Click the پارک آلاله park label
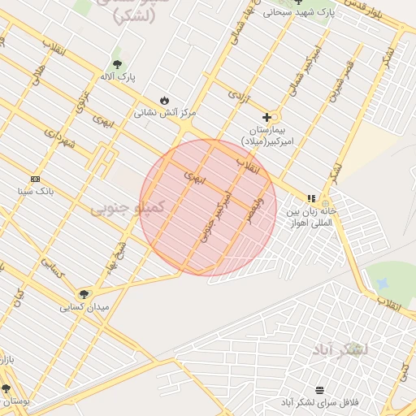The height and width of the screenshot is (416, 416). [x=118, y=76]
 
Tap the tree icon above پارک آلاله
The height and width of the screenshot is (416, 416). [x=118, y=63]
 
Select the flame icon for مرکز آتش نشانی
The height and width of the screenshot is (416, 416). [x=166, y=100]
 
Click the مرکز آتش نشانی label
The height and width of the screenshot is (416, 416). [x=166, y=113]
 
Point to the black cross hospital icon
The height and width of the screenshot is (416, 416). [x=266, y=117]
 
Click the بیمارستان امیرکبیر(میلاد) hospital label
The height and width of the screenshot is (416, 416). [x=277, y=136]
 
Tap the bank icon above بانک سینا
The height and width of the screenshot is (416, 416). [x=35, y=179]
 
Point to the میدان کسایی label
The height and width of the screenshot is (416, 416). [x=84, y=308]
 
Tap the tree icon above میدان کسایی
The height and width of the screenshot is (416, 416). [x=84, y=294]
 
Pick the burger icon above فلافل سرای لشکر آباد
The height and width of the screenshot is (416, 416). [x=319, y=390]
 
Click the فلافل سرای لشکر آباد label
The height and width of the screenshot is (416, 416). [x=319, y=403]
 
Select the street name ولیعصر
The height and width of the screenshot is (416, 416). [x=258, y=208]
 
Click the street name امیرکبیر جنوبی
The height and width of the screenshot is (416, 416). [x=215, y=218]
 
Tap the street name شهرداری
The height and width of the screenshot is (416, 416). [x=58, y=140]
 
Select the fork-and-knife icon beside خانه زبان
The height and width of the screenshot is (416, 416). [x=310, y=198]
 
